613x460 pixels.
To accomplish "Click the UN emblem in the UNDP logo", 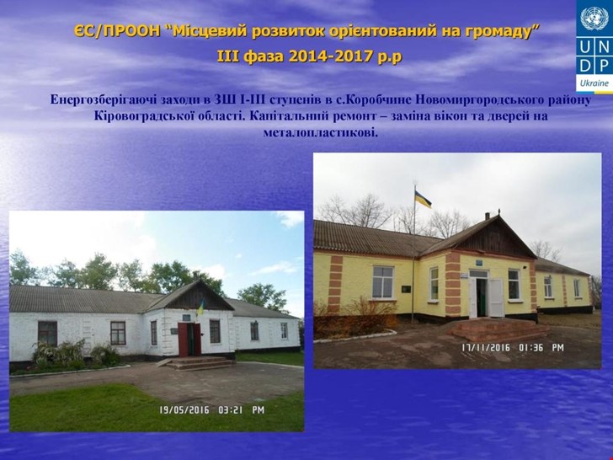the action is point(594,19).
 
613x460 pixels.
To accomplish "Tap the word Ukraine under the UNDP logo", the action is point(594,83).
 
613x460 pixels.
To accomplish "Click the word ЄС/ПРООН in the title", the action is point(117,30).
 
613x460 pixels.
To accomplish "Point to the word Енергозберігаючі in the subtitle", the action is point(104,99).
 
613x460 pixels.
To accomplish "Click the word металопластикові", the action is point(321,132).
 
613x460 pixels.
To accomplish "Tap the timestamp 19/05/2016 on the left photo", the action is point(184,410).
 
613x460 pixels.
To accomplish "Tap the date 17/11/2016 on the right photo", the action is point(486,347).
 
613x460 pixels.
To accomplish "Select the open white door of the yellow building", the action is point(497,297).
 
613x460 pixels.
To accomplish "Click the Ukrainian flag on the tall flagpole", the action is point(422,199).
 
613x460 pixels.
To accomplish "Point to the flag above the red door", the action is point(200,307).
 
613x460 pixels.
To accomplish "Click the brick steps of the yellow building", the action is point(499,329).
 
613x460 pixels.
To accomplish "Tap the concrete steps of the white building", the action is point(200,363).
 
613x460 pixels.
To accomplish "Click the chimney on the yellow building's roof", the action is point(487,216).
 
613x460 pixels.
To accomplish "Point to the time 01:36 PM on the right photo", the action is point(541,347).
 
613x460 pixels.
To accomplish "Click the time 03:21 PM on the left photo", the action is point(241,410).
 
